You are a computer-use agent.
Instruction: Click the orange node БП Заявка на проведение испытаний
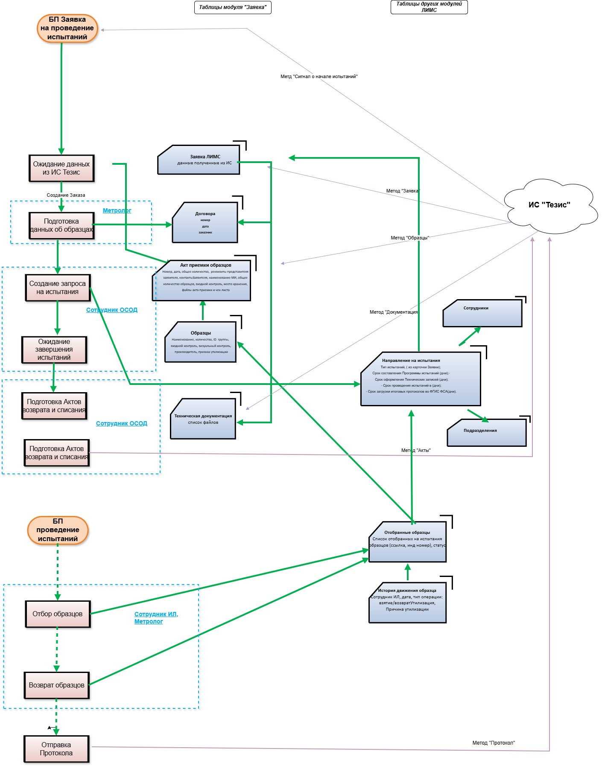pyautogui.click(x=67, y=28)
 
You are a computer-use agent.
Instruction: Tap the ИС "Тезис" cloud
pyautogui.click(x=549, y=205)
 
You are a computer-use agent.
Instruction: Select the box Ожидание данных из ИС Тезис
pyautogui.click(x=61, y=168)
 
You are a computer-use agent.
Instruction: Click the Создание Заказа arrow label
pyautogui.click(x=66, y=195)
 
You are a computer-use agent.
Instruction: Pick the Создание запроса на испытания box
pyautogui.click(x=58, y=288)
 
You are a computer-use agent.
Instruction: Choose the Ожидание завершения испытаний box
pyautogui.click(x=54, y=350)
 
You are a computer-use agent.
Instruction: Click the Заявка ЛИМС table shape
pyautogui.click(x=199, y=160)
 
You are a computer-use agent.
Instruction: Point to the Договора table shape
pyautogui.click(x=205, y=223)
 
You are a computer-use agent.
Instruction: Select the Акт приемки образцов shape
pyautogui.click(x=202, y=280)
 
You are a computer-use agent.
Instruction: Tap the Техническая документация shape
pyautogui.click(x=203, y=419)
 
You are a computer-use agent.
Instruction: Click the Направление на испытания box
pyautogui.click(x=421, y=379)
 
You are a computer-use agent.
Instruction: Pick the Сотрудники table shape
pyautogui.click(x=482, y=313)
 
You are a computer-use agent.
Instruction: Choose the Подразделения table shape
pyautogui.click(x=487, y=433)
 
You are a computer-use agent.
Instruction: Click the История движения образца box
pyautogui.click(x=407, y=603)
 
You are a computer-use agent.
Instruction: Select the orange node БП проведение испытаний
pyautogui.click(x=58, y=530)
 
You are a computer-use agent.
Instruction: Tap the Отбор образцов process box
pyautogui.click(x=58, y=614)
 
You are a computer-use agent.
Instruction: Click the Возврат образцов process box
pyautogui.click(x=57, y=685)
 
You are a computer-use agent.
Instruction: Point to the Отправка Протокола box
pyautogui.click(x=56, y=749)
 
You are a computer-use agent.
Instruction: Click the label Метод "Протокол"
pyautogui.click(x=494, y=743)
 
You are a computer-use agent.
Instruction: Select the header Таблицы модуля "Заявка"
pyautogui.click(x=233, y=7)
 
